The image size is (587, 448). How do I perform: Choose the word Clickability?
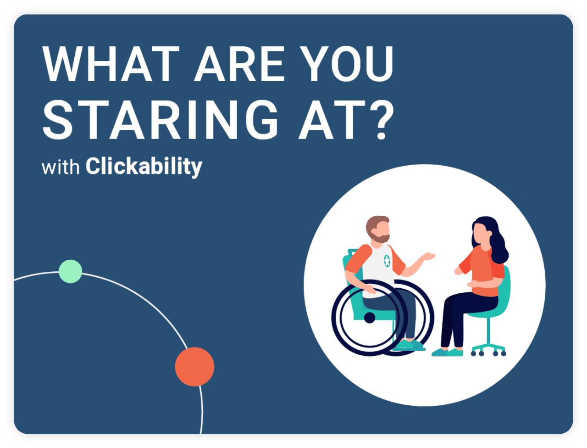144,166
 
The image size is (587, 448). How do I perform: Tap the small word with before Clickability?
61,167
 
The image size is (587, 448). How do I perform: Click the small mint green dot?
70,271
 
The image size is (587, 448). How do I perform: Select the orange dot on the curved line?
194,367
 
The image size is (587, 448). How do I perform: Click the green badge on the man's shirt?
387,261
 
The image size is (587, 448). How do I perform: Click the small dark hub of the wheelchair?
370,317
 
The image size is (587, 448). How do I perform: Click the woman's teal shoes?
447,352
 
